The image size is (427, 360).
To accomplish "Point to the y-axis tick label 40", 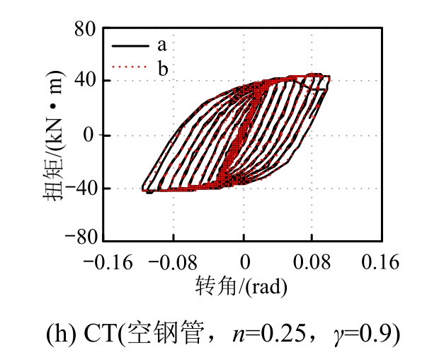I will [x=83, y=81].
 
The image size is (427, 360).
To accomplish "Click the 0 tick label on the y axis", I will [x=88, y=135].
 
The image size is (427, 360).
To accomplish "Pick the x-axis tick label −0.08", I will [x=174, y=261].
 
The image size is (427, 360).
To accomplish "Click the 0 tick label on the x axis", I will [x=244, y=261].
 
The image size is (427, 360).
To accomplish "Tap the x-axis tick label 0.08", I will [x=313, y=261].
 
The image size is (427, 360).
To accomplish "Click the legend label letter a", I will [x=161, y=45].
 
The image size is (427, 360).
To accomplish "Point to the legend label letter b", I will [x=162, y=67].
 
